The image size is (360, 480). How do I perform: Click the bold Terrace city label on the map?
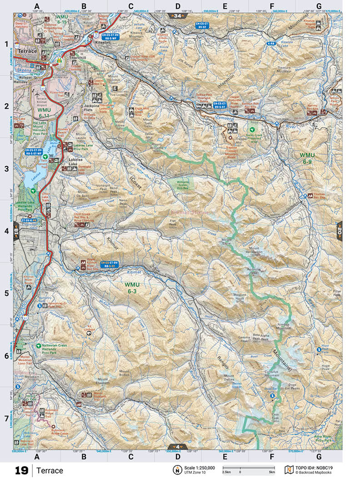tap(27, 52)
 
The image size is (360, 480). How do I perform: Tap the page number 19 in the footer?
tap(21, 470)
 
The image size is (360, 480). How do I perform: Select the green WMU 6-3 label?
tap(134, 288)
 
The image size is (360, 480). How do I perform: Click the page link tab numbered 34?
tap(177, 16)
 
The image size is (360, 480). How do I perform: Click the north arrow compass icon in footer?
tap(176, 470)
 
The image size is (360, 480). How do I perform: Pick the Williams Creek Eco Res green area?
tap(180, 183)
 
